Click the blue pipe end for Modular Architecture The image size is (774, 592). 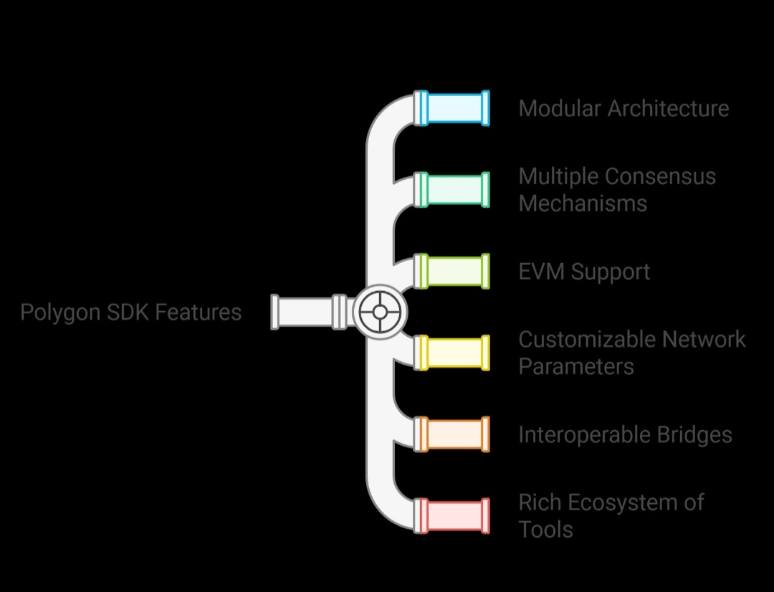pyautogui.click(x=455, y=108)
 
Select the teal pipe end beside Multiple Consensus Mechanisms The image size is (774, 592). pyautogui.click(x=455, y=190)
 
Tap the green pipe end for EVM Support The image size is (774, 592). pyautogui.click(x=455, y=271)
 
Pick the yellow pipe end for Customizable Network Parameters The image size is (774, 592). pyautogui.click(x=455, y=353)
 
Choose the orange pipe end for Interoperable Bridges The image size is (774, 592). pyautogui.click(x=455, y=434)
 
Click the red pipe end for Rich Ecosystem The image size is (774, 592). pyautogui.click(x=455, y=516)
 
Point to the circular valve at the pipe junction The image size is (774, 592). pyautogui.click(x=379, y=312)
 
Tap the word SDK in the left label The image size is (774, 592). pyautogui.click(x=127, y=312)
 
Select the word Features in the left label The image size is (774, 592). pyautogui.click(x=199, y=312)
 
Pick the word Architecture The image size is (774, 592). pyautogui.click(x=668, y=108)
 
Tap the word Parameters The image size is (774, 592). pyautogui.click(x=576, y=366)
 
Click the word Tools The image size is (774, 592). pyautogui.click(x=545, y=530)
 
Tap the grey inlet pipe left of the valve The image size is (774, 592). pyautogui.click(x=305, y=312)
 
